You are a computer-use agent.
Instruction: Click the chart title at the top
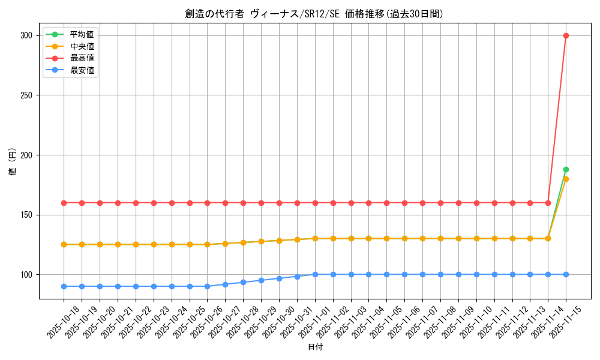coord(314,14)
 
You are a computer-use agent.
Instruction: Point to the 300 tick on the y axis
coord(26,35)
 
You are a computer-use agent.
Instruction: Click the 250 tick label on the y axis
coord(26,95)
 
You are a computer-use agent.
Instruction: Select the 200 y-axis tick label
coord(26,155)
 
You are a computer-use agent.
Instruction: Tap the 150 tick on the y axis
coord(26,215)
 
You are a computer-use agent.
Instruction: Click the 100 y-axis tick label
coord(26,275)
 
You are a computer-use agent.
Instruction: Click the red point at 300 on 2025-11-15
coord(566,35)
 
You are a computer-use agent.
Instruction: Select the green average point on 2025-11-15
coord(566,170)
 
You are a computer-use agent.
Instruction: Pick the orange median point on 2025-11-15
coord(566,179)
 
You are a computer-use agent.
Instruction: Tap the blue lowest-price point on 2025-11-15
coord(566,275)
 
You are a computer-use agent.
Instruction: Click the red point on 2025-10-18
coord(64,203)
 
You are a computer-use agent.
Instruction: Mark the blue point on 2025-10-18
coord(64,286)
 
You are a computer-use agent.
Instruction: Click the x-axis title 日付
coord(314,347)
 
